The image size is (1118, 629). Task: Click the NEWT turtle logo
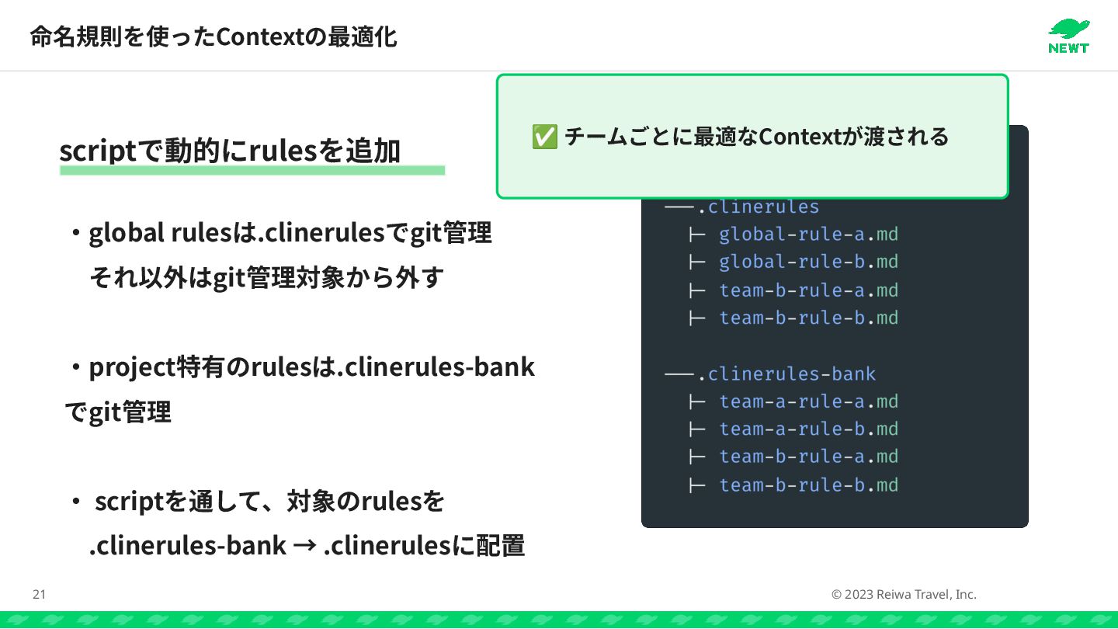1068,36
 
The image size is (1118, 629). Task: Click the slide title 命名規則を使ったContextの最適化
214,36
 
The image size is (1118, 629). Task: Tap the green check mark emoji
543,137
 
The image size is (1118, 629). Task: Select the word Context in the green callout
800,137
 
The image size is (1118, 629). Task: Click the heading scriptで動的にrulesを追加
230,151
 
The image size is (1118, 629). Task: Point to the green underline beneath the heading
252,170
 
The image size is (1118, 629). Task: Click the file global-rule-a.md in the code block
808,234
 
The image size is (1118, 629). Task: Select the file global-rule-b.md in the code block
808,262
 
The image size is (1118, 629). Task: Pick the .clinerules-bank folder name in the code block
786,374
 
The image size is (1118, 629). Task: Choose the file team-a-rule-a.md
808,401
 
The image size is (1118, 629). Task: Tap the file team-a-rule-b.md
808,429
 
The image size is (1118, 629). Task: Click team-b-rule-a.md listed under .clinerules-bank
808,456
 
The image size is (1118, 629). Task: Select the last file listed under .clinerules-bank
808,485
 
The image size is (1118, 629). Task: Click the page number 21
39,595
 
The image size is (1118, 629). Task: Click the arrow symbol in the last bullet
304,546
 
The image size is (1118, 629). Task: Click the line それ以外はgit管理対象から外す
266,276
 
